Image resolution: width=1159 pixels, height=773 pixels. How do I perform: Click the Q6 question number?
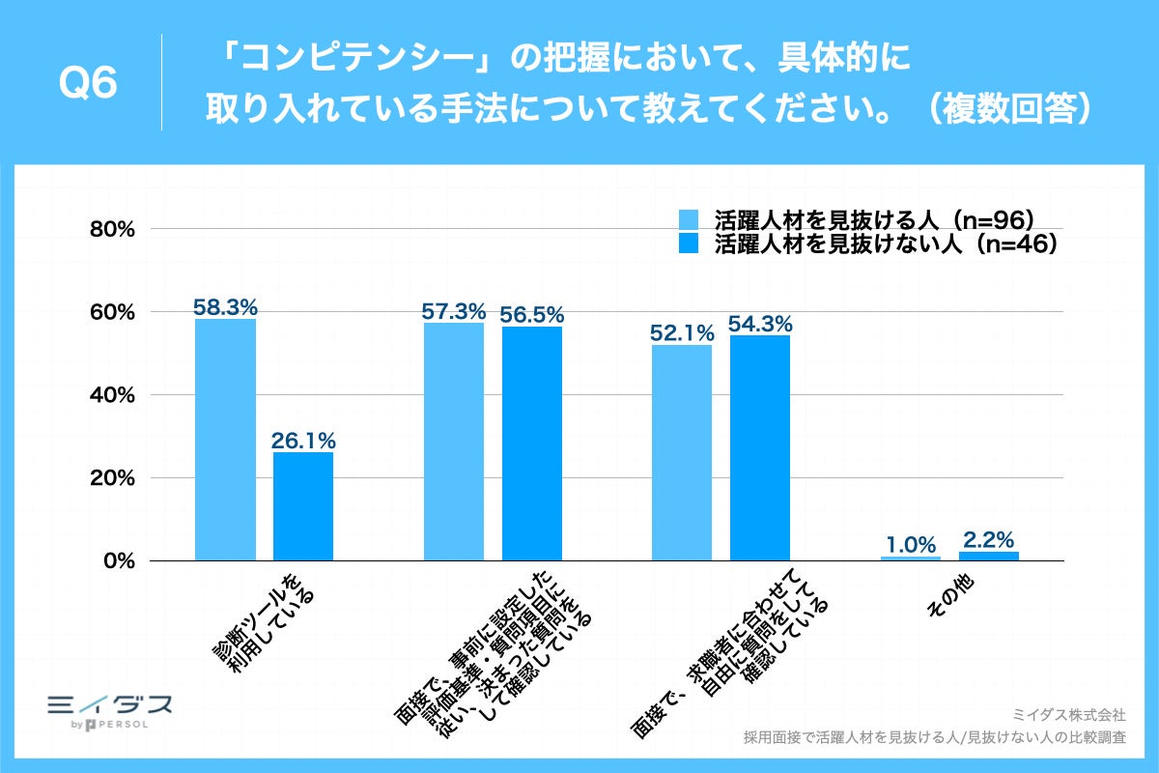pos(88,84)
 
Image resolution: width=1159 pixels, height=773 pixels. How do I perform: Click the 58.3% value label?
pos(225,307)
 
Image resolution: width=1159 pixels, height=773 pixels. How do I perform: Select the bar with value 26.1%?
pos(303,506)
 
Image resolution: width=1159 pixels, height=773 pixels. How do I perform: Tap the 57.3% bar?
pos(454,442)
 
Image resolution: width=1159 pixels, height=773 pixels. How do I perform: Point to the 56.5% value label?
pos(531,315)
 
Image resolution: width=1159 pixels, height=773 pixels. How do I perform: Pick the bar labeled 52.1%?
pos(682,452)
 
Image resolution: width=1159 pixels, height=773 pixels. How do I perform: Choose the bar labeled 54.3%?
pos(760,447)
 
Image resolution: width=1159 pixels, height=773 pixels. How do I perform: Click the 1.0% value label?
pos(910,544)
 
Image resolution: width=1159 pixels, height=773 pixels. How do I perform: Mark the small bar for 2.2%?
pos(988,556)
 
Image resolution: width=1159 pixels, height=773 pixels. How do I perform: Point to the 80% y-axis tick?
pos(113,230)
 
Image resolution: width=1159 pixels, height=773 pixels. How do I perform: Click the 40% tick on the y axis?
pos(113,395)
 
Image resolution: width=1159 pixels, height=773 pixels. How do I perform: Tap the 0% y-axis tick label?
pos(119,561)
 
